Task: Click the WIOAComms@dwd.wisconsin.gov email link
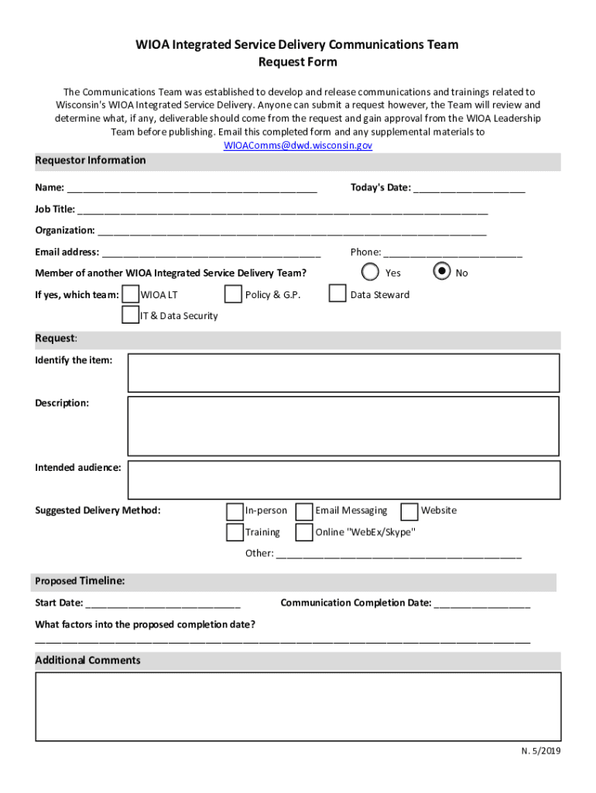[298, 145]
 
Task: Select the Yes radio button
[371, 272]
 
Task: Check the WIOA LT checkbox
[132, 294]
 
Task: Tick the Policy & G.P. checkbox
[233, 294]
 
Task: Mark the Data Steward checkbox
[337, 294]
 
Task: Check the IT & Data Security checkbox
[130, 315]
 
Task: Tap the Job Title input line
[283, 209]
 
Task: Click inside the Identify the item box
[343, 373]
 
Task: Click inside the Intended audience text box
[343, 480]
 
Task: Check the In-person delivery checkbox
[235, 511]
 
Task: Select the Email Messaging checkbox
[304, 511]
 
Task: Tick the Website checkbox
[409, 511]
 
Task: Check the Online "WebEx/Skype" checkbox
[304, 532]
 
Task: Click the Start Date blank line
[163, 603]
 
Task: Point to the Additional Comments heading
[88, 661]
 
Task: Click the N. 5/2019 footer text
[540, 751]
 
